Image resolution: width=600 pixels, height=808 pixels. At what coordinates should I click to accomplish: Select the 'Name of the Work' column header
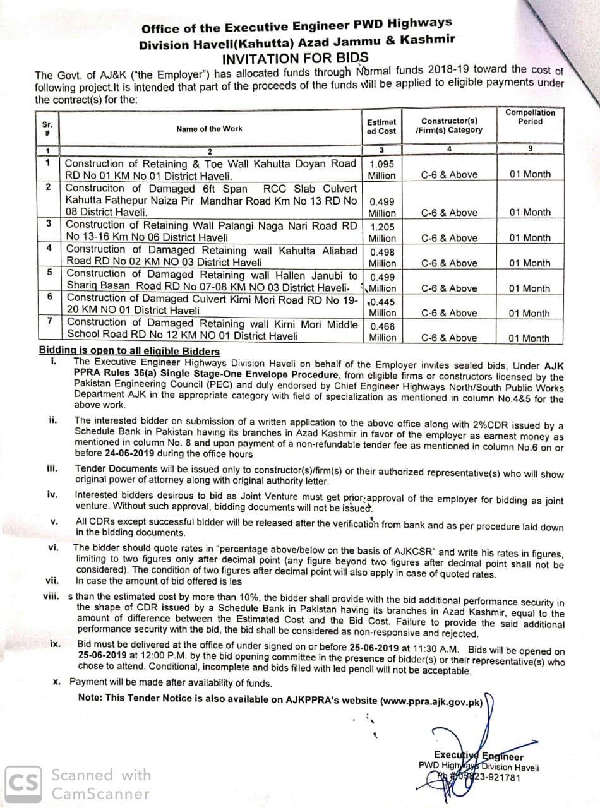(209, 129)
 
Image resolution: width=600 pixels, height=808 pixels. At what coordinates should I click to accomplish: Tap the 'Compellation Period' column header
(530, 117)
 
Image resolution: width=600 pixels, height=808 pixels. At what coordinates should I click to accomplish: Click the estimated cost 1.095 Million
(382, 169)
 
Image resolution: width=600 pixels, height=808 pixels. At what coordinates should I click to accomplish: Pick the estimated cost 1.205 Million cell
(382, 232)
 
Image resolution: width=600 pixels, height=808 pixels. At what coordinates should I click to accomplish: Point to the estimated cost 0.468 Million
(382, 331)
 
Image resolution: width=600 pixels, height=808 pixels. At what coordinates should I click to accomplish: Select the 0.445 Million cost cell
(382, 307)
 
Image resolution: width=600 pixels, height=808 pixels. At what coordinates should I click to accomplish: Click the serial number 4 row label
(49, 248)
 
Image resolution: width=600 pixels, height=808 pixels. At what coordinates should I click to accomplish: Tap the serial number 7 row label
(49, 321)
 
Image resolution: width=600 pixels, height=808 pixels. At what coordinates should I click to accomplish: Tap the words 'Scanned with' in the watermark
(101, 775)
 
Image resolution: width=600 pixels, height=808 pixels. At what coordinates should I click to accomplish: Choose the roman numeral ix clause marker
(56, 644)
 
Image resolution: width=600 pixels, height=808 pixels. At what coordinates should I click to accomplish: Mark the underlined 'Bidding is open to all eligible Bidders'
(129, 352)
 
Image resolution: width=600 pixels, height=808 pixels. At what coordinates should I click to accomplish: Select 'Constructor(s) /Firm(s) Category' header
(449, 125)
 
